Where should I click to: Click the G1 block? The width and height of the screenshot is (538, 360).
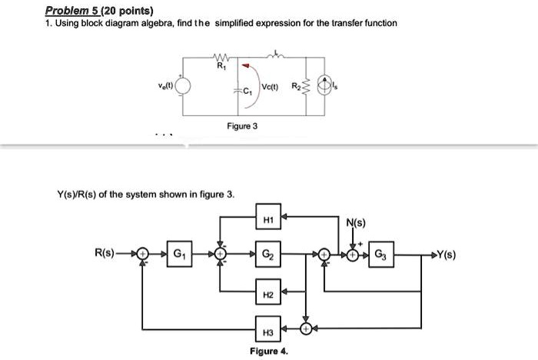click(x=178, y=254)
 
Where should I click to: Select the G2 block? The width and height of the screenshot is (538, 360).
click(x=267, y=254)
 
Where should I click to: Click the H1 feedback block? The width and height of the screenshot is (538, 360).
click(x=267, y=218)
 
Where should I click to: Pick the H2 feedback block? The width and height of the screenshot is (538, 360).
click(x=267, y=294)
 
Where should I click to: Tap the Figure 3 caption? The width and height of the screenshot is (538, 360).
click(x=241, y=125)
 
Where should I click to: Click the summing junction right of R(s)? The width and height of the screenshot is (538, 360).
click(x=141, y=254)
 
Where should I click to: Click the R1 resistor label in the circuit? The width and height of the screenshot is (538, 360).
click(x=220, y=66)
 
